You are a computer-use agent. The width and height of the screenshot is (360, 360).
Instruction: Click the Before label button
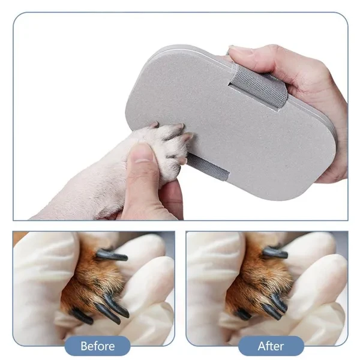click(97, 346)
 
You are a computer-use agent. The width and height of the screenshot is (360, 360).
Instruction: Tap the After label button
click(271, 346)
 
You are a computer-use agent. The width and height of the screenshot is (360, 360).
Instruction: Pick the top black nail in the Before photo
click(112, 256)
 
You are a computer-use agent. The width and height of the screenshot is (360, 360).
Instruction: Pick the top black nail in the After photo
click(275, 253)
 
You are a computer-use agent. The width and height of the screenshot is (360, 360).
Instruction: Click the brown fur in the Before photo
click(90, 282)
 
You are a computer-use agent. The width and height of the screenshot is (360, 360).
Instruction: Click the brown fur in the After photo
click(252, 282)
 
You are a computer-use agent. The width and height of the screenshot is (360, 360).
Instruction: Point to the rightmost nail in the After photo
click(280, 303)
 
